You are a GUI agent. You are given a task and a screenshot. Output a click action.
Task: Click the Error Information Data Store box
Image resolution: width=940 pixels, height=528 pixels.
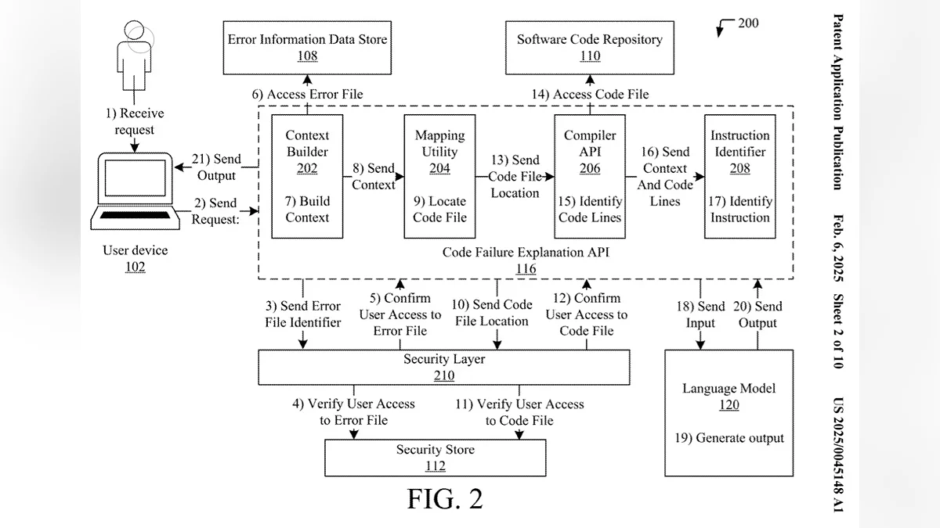pyautogui.click(x=307, y=47)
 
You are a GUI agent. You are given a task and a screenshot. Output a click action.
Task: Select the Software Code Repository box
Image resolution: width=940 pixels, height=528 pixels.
pyautogui.click(x=589, y=47)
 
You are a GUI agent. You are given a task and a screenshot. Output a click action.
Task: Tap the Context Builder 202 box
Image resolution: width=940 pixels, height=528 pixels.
pyautogui.click(x=307, y=176)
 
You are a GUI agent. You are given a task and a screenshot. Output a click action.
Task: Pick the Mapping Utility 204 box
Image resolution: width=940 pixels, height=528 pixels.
pyautogui.click(x=439, y=176)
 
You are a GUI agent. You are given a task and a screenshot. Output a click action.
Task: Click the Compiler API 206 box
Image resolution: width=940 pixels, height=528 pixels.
pyautogui.click(x=589, y=176)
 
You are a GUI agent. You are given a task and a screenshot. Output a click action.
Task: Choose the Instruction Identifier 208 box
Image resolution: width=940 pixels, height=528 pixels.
pyautogui.click(x=739, y=176)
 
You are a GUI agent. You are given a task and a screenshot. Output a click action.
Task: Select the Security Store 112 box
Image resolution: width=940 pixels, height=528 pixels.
pyautogui.click(x=435, y=458)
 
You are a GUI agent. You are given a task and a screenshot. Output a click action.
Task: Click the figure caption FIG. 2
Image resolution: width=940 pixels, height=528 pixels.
pyautogui.click(x=445, y=498)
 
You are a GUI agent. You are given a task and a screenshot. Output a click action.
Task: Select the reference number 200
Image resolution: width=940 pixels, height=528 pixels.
pyautogui.click(x=748, y=23)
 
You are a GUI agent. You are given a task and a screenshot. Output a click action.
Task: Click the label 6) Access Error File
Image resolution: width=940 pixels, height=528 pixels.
pyautogui.click(x=307, y=94)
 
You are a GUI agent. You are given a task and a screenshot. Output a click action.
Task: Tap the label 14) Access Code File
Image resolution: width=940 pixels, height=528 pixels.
pyautogui.click(x=590, y=94)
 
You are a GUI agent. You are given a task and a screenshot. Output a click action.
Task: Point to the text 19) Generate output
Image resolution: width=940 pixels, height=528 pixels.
pyautogui.click(x=728, y=438)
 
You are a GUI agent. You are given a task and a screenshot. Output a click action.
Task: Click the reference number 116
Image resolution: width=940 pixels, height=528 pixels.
pyautogui.click(x=526, y=269)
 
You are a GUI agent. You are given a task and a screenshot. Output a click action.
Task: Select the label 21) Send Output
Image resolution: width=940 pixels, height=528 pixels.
pyautogui.click(x=217, y=167)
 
